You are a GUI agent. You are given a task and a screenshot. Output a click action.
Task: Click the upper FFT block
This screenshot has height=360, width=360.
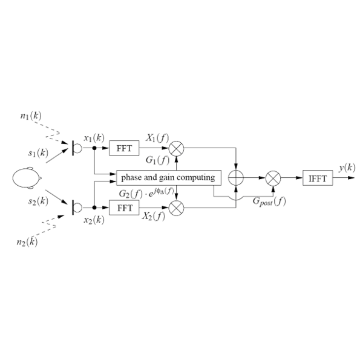124,148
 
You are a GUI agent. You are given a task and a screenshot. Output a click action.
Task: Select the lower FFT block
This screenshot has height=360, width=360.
124,208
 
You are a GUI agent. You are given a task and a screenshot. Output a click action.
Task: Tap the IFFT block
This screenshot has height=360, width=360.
318,178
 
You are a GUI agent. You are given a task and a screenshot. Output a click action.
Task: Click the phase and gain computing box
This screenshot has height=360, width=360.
169,178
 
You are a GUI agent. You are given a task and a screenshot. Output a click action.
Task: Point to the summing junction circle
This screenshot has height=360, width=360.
236,178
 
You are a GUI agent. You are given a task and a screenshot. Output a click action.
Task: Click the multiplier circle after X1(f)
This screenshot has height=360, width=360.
176,148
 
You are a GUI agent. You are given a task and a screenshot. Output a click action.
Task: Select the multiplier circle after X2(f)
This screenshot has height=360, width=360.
176,208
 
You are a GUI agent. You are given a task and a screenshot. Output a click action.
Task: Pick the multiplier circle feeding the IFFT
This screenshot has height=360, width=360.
273,178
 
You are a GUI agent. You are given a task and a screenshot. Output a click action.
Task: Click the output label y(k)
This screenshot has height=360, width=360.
347,168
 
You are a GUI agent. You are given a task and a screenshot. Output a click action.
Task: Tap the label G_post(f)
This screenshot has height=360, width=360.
269,201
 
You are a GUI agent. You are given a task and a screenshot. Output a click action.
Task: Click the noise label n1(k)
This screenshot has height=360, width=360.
31,116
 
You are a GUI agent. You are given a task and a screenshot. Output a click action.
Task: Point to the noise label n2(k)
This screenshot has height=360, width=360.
27,242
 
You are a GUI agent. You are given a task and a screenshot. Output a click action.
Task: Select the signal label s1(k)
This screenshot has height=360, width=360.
38,153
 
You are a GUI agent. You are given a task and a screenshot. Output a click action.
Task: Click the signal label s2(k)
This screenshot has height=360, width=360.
38,201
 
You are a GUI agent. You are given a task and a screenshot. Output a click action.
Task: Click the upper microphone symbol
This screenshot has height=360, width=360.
77,148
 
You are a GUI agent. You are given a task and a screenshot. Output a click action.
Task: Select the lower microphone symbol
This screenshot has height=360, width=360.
77,208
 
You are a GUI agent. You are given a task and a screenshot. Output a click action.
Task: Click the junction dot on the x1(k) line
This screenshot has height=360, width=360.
94,148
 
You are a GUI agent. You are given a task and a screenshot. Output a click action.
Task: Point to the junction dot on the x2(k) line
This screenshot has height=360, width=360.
94,208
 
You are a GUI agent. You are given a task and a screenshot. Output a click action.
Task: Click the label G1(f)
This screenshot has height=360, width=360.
157,160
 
